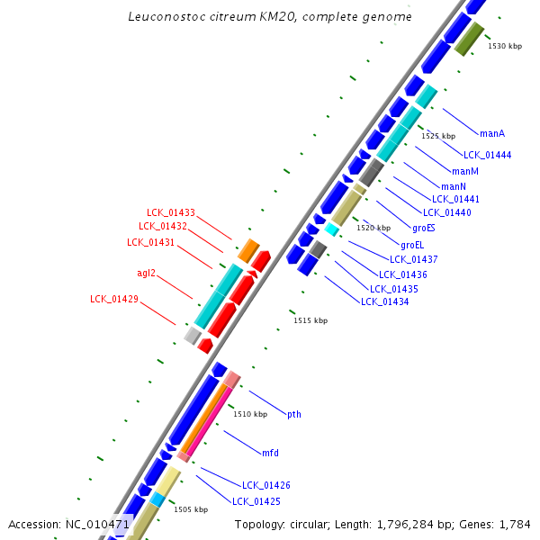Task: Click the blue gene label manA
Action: [x=491, y=133]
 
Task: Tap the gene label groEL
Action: [x=412, y=244]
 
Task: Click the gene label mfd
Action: [x=270, y=452]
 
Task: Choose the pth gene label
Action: [x=293, y=414]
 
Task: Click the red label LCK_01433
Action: [x=171, y=212]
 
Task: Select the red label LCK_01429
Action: [x=114, y=299]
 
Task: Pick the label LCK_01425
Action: [x=256, y=500]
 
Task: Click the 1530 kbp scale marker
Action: [x=504, y=46]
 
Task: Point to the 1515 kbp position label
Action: [x=310, y=320]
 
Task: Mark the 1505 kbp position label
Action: [x=191, y=509]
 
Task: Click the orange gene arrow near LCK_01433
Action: [x=248, y=250]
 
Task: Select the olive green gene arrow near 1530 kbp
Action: [x=470, y=39]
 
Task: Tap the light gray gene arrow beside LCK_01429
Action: [x=192, y=335]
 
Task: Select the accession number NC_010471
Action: [x=98, y=524]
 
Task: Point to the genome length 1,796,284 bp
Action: [x=408, y=524]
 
